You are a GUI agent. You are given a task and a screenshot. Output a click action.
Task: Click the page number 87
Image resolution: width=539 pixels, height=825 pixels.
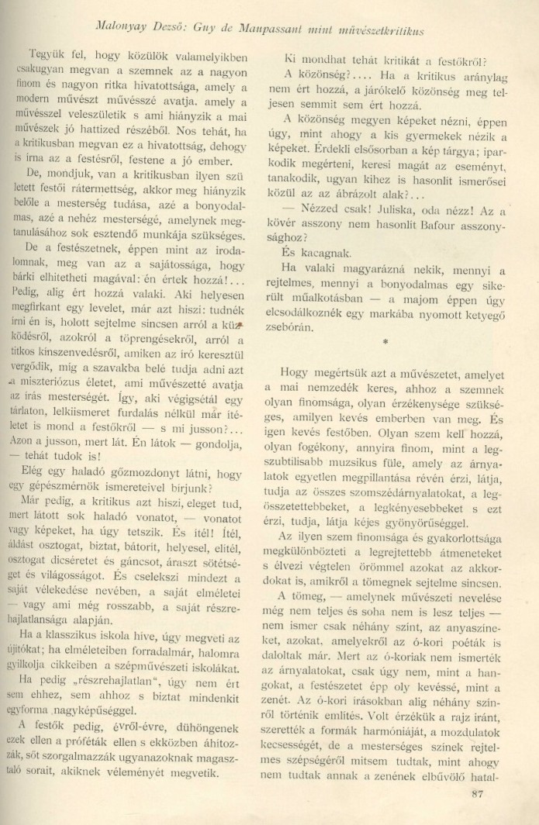(x=478, y=792)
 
